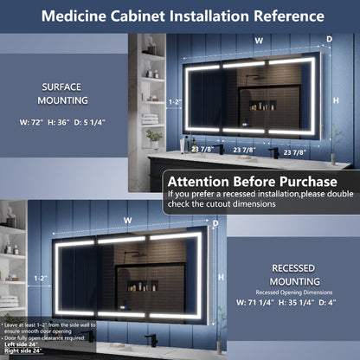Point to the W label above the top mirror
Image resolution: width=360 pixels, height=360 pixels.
[x=258, y=40]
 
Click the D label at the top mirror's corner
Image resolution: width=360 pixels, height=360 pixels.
[x=329, y=39]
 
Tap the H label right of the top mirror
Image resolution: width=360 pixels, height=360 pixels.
[x=339, y=101]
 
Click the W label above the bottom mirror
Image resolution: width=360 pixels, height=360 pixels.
[x=127, y=219]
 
